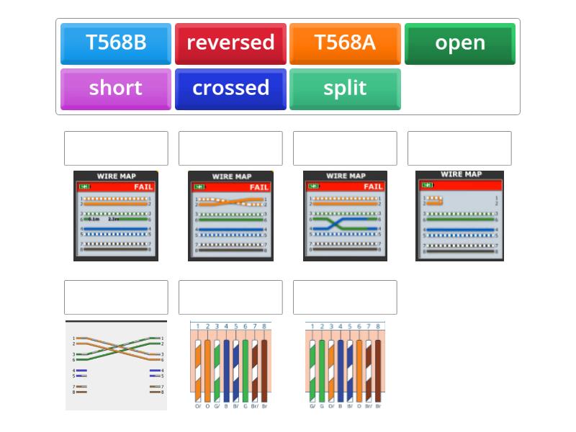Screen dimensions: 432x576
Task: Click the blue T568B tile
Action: [115, 43]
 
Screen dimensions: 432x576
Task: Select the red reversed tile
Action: [230, 43]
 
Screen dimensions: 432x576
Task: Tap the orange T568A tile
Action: [345, 43]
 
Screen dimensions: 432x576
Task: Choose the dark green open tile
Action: [459, 43]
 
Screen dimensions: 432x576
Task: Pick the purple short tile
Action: [115, 89]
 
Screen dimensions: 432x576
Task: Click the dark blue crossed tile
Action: [230, 89]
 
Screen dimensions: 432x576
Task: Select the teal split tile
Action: [345, 89]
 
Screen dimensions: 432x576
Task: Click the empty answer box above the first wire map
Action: [116, 148]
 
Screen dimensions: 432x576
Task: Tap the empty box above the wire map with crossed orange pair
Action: [230, 148]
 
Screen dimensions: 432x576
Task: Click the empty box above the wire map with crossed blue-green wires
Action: [345, 148]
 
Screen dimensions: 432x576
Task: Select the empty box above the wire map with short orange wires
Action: [459, 148]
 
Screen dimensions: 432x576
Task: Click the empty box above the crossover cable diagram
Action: [116, 297]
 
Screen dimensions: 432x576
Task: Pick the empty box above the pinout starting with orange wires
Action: [230, 297]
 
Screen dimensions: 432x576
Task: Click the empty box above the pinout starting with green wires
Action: [345, 297]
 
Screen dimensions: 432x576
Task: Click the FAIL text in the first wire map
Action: [143, 186]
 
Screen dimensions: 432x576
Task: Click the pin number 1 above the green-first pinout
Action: [312, 326]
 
